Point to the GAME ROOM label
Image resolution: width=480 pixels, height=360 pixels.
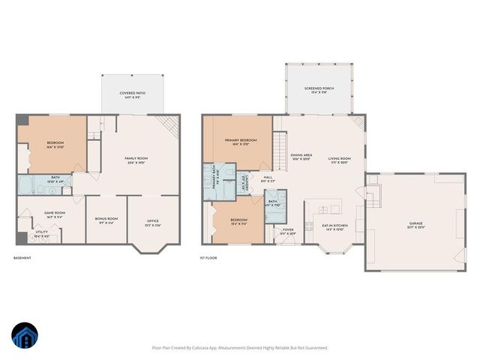pos(55,214)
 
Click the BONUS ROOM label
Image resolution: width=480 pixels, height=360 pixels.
pos(106,220)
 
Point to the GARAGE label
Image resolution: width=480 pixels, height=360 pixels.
pos(415,225)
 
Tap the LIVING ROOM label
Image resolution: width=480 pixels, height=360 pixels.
pos(341,160)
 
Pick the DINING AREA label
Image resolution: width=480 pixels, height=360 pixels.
pos(301,157)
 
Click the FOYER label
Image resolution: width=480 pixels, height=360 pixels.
pos(288,232)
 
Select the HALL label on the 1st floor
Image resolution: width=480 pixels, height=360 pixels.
pos(268,179)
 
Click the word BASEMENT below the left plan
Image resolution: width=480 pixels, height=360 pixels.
pos(23,259)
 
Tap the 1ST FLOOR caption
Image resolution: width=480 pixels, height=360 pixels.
pos(208,259)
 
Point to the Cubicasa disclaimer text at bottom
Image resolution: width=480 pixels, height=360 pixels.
pos(240,348)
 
